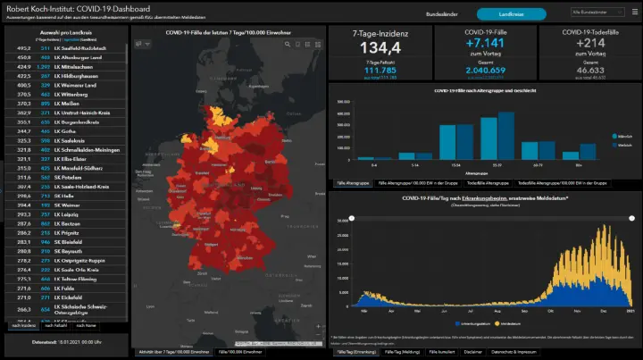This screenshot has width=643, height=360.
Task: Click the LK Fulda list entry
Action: click(68, 288)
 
